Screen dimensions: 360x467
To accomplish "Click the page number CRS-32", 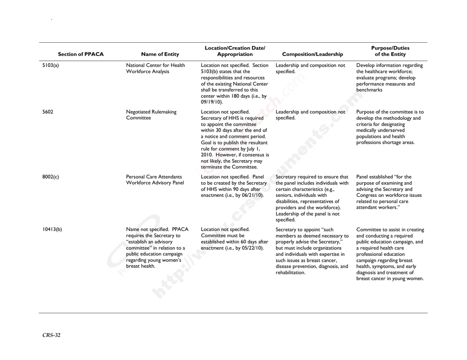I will [51, 335].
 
